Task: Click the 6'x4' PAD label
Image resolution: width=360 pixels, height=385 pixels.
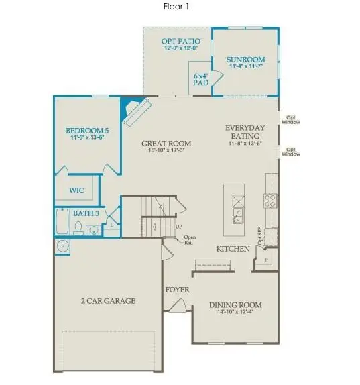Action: [200, 79]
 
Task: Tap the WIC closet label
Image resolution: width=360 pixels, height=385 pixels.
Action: [77, 190]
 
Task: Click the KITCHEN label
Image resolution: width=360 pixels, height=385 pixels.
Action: [233, 249]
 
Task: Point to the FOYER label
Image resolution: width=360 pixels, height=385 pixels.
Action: [178, 290]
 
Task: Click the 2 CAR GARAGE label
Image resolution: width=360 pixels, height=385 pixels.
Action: [108, 301]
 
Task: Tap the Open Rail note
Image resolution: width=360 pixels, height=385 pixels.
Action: [190, 239]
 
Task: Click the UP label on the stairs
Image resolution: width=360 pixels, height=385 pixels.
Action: [178, 227]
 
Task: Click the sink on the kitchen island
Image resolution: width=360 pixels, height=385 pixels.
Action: [238, 215]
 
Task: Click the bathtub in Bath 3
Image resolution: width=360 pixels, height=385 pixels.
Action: [62, 220]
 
